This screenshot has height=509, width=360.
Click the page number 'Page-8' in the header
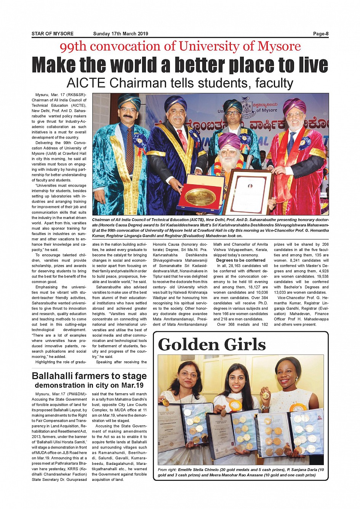(320, 34)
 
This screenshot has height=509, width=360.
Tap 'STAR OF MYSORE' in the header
(53, 34)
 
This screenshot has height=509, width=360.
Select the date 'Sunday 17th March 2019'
(120, 34)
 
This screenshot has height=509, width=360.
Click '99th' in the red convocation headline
(73, 46)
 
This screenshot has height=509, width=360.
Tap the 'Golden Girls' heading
(211, 345)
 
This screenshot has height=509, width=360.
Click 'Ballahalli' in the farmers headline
(55, 376)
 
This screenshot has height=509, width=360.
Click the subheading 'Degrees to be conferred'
(241, 260)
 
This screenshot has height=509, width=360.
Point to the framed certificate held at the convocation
(250, 192)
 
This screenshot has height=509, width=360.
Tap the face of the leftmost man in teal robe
(128, 113)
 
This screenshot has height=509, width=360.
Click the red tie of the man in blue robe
(182, 138)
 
